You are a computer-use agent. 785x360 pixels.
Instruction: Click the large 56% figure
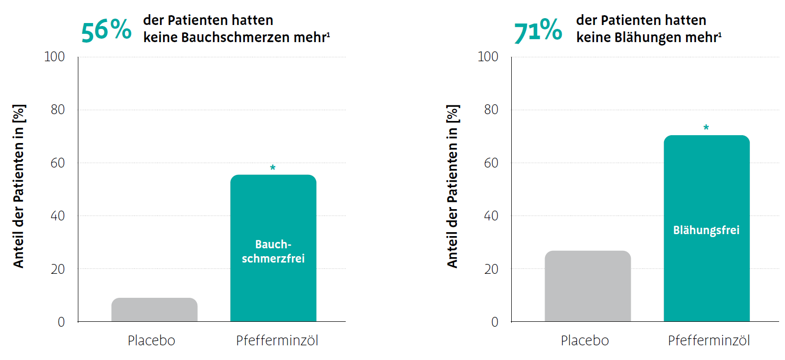tap(106, 30)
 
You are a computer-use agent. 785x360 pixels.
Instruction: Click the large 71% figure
tap(538, 30)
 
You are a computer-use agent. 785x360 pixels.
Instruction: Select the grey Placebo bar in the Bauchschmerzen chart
tap(154, 310)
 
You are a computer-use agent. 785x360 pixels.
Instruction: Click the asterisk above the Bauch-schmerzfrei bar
tap(273, 168)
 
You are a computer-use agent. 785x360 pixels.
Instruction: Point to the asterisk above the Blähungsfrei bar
tap(706, 128)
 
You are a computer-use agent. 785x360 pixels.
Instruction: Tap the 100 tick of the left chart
tap(54, 57)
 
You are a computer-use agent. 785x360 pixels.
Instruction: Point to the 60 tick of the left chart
tap(58, 163)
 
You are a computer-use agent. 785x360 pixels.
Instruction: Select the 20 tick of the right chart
tap(491, 269)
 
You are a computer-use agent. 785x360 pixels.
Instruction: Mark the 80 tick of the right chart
tap(491, 110)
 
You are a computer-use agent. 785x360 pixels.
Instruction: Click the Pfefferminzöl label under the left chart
tap(277, 340)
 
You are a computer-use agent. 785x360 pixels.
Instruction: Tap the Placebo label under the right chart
tap(585, 340)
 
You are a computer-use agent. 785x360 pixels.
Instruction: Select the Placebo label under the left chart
tap(151, 340)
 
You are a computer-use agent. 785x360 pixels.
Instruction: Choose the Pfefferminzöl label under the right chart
tap(709, 340)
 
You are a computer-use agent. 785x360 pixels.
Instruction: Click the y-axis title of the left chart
tap(19, 186)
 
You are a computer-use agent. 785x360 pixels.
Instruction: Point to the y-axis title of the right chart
tap(452, 186)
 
